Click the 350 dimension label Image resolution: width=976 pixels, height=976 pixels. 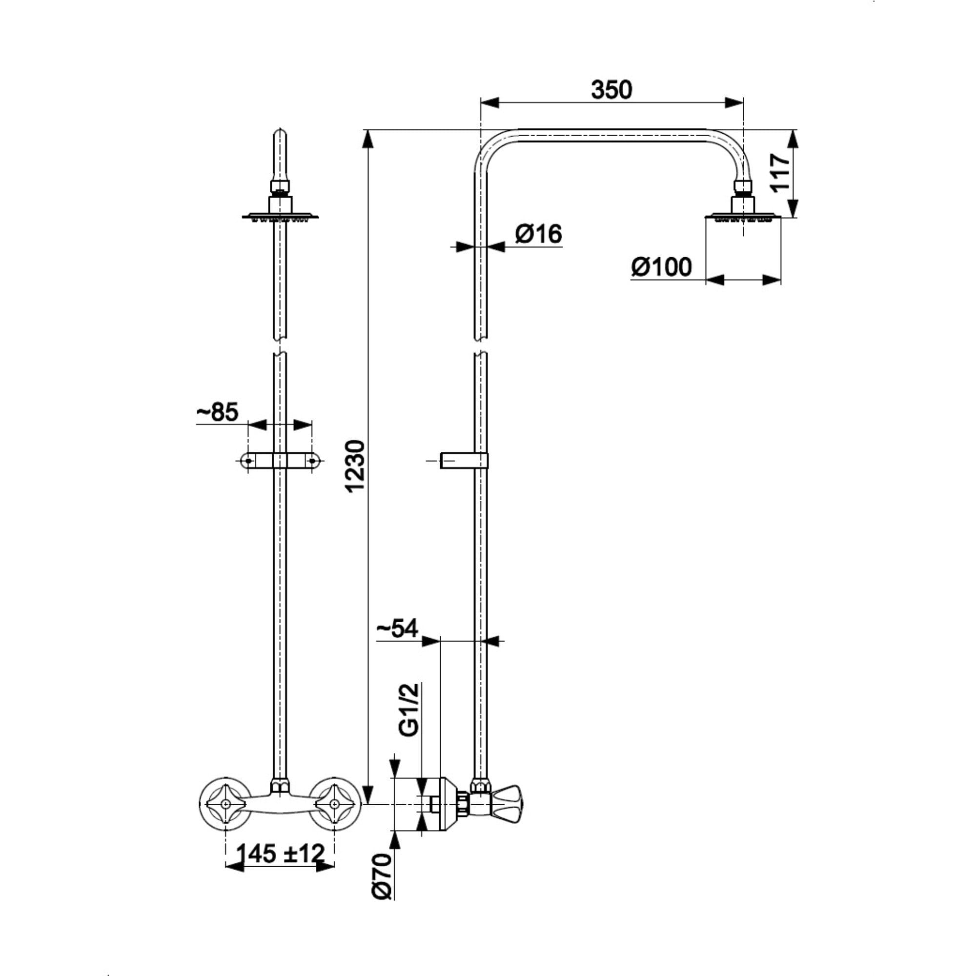pos(611,90)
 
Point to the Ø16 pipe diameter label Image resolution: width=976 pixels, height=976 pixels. pos(539,234)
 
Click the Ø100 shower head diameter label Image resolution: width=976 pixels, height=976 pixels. pos(661,267)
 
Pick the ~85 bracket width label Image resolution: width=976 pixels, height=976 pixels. pos(217,413)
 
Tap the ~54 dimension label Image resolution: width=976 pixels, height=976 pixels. pos(398,629)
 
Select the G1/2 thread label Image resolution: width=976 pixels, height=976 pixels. pos(409,709)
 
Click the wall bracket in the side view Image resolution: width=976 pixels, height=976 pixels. pos(463,460)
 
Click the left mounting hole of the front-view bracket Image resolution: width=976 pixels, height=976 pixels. pos(248,460)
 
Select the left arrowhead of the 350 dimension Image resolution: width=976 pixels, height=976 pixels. pos(489,102)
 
